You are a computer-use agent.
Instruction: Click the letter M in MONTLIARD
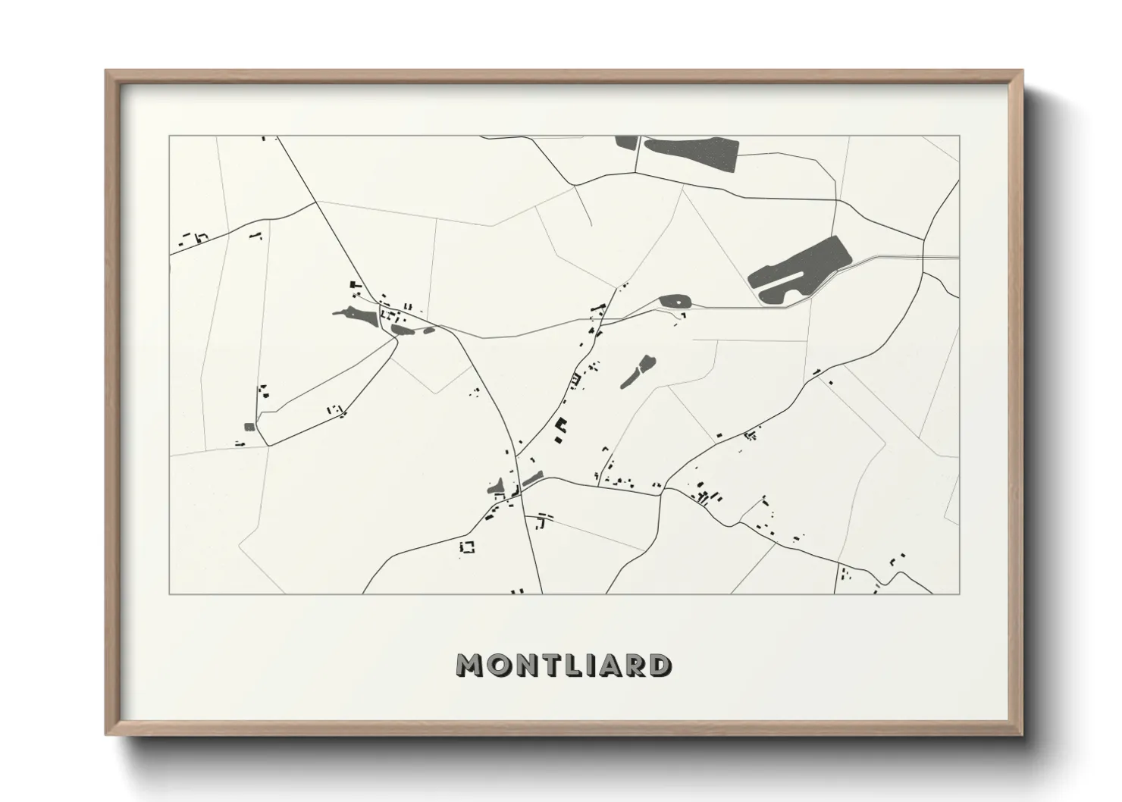pos(471,665)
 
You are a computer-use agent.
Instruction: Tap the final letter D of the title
pos(658,665)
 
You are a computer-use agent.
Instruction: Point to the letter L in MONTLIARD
pos(569,665)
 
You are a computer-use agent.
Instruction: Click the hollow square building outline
pos(468,546)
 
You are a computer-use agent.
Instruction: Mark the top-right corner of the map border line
pos(959,136)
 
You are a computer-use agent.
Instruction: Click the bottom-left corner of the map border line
pos(170,594)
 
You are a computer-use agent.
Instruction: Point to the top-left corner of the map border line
pos(170,136)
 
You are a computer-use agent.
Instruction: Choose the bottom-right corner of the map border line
pos(959,594)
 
